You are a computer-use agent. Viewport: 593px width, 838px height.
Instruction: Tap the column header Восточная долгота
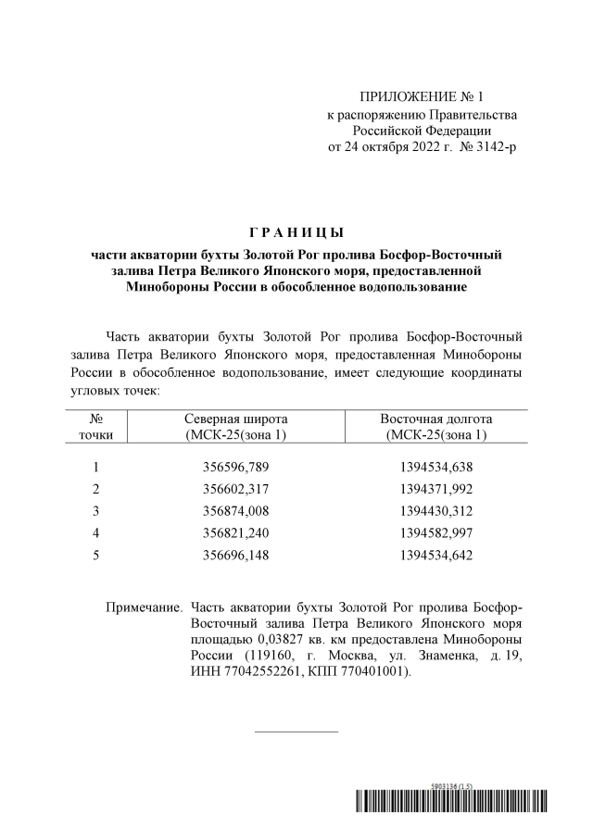pyautogui.click(x=435, y=418)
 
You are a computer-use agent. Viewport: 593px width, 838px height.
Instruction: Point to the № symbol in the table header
pyautogui.click(x=95, y=418)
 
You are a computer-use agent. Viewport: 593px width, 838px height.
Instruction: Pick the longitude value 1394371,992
pyautogui.click(x=435, y=488)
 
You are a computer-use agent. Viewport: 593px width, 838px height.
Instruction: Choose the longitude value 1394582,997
pyautogui.click(x=435, y=532)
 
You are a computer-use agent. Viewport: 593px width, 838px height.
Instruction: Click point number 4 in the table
pyautogui.click(x=95, y=532)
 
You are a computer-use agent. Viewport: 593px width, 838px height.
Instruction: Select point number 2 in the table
pyautogui.click(x=95, y=488)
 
